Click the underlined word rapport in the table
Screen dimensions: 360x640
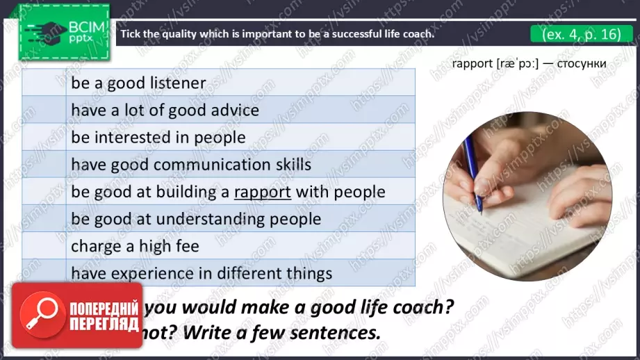click(263, 192)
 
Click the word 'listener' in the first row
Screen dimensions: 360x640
click(178, 83)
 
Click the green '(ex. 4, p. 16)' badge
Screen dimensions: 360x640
click(576, 33)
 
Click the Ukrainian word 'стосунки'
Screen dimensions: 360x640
click(577, 64)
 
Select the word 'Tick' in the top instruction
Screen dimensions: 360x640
click(131, 33)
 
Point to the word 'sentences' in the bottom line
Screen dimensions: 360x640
click(340, 332)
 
